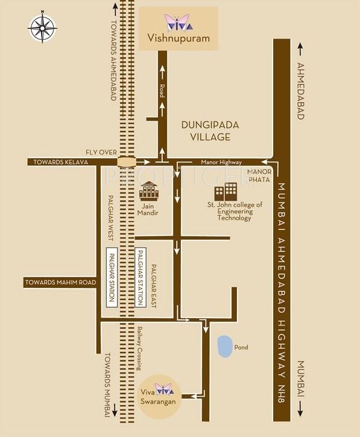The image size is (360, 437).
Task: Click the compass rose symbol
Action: (42, 27)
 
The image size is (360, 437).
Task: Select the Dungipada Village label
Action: (210, 131)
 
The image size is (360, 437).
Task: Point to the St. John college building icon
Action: (226, 192)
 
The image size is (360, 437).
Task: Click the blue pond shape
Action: (224, 346)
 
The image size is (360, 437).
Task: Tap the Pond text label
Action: (241, 347)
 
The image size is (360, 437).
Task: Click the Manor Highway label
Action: (221, 162)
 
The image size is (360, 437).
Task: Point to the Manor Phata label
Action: (259, 176)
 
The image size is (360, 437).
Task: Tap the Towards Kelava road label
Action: (62, 162)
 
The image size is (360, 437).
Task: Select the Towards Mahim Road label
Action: (60, 282)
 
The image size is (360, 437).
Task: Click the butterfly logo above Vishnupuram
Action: (180, 22)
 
